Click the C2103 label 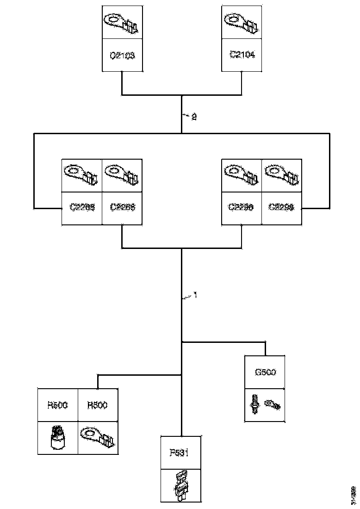coord(122,55)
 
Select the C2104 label coord(242,55)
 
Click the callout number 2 coord(194,117)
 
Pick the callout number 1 coord(195,295)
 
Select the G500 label coord(265,372)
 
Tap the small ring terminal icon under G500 coord(273,404)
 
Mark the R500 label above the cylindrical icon coord(57,405)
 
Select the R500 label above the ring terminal coord(97,405)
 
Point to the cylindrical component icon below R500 coord(57,438)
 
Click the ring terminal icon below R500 coord(97,438)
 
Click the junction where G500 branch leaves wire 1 coord(181,342)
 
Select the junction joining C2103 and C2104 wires coord(181,95)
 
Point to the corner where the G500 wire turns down coord(265,342)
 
